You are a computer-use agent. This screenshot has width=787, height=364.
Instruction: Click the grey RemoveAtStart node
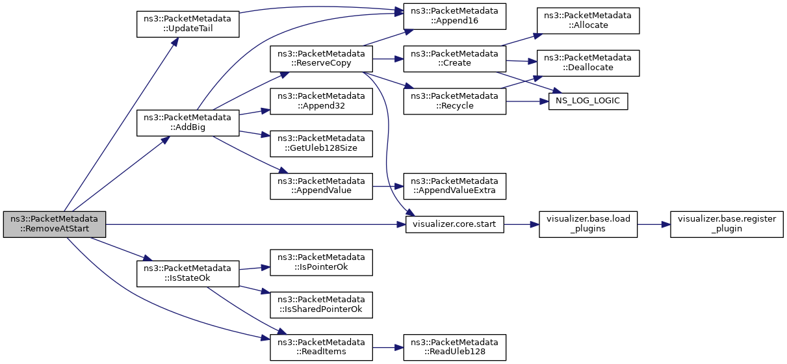click(x=55, y=224)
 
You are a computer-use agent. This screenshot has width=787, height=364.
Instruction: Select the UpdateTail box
click(x=188, y=24)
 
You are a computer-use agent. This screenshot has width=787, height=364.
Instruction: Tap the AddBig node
click(x=188, y=123)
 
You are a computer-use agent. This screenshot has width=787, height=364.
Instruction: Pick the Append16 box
click(x=455, y=16)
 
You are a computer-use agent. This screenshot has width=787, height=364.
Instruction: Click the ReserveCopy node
click(x=321, y=58)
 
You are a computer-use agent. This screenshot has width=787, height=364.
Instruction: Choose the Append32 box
click(x=321, y=101)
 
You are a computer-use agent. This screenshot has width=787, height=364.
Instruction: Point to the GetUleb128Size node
click(x=321, y=144)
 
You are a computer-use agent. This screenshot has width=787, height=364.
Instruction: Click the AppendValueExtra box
click(x=455, y=186)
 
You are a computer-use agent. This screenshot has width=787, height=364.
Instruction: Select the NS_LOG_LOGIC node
click(x=588, y=101)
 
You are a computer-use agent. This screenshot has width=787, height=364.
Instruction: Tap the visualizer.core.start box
click(x=455, y=224)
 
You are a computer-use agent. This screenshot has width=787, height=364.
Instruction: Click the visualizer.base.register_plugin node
click(x=727, y=224)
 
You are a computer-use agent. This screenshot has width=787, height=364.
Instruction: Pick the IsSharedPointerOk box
click(x=321, y=305)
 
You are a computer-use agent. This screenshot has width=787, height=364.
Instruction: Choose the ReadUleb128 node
click(x=455, y=348)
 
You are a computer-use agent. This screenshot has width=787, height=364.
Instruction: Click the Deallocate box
click(x=588, y=63)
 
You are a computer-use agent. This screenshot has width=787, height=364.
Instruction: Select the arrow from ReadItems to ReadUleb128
click(x=388, y=348)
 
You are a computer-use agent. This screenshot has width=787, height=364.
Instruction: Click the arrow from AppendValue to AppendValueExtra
click(x=388, y=186)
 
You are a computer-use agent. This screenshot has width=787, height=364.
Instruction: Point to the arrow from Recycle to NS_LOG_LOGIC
click(x=527, y=101)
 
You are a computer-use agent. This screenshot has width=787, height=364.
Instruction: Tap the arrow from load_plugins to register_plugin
click(x=654, y=224)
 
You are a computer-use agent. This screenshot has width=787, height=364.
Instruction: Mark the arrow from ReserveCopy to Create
click(x=388, y=58)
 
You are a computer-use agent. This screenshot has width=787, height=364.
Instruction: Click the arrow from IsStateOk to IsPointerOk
click(x=254, y=268)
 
